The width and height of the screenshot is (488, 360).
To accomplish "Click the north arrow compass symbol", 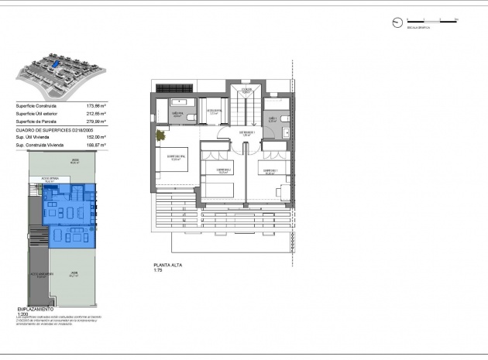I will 397,22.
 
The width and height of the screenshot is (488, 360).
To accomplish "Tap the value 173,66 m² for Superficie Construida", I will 95,105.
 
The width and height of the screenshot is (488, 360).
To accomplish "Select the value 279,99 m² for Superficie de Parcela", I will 95,122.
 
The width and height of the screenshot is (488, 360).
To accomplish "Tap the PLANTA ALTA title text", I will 167,266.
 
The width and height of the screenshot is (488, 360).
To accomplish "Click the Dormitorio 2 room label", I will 224,170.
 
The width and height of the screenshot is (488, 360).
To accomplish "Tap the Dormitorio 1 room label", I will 269,171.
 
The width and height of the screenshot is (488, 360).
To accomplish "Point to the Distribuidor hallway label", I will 246,133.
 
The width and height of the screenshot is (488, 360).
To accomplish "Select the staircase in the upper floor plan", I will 246,101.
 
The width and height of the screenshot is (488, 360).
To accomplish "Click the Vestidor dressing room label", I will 215,111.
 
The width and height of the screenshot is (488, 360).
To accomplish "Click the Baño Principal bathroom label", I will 177,114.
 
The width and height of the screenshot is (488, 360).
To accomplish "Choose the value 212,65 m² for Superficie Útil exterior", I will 95,113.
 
